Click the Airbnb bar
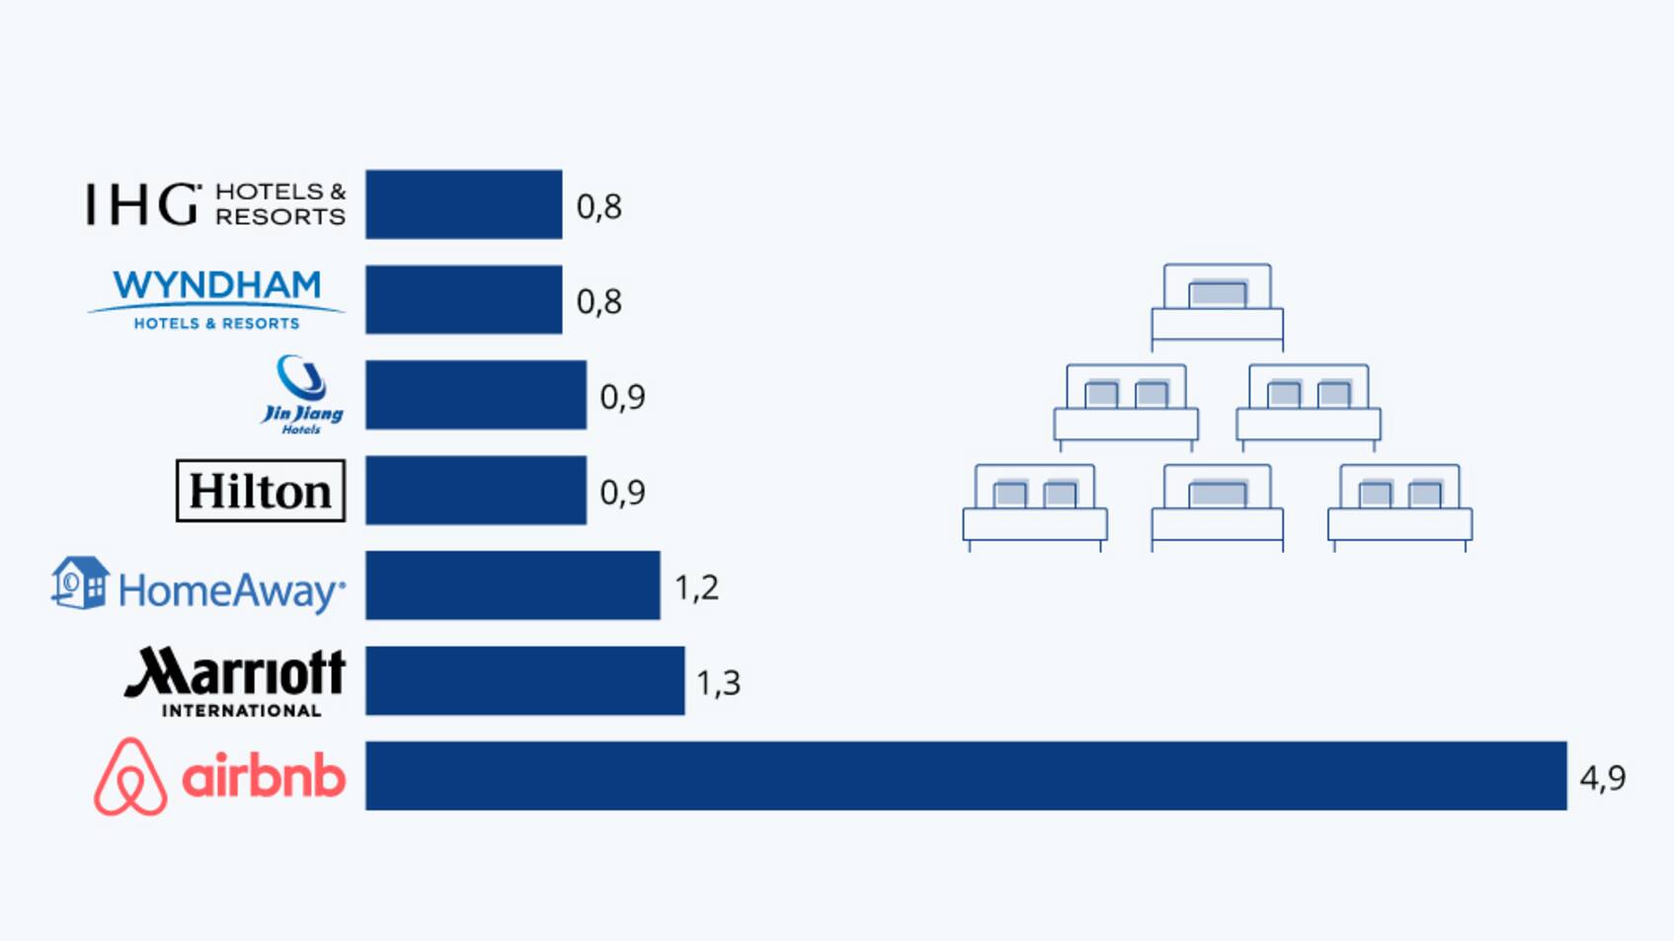[x=966, y=776]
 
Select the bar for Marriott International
[x=524, y=680]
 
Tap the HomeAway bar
[x=513, y=586]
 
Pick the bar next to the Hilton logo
[x=476, y=490]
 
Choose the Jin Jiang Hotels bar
[x=476, y=395]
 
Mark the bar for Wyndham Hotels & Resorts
[x=463, y=299]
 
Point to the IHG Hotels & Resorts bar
[x=463, y=204]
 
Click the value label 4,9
[x=1602, y=778]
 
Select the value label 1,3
[x=718, y=682]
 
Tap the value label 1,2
[x=696, y=588]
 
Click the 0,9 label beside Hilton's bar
[x=622, y=492]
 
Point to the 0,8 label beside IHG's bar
[x=598, y=206]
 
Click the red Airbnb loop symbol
[x=130, y=777]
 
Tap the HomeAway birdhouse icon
[x=80, y=583]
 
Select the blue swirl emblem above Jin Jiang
[x=301, y=377]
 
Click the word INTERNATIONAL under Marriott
[x=241, y=710]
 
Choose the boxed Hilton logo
[x=261, y=491]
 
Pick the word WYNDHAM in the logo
[x=217, y=285]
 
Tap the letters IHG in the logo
[x=142, y=204]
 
